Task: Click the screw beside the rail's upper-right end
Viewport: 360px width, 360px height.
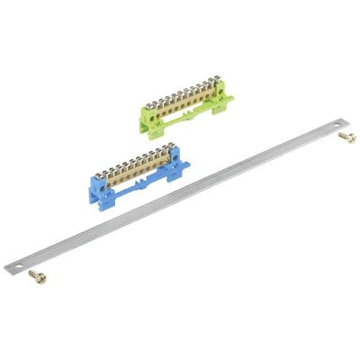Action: pyautogui.click(x=346, y=136)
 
